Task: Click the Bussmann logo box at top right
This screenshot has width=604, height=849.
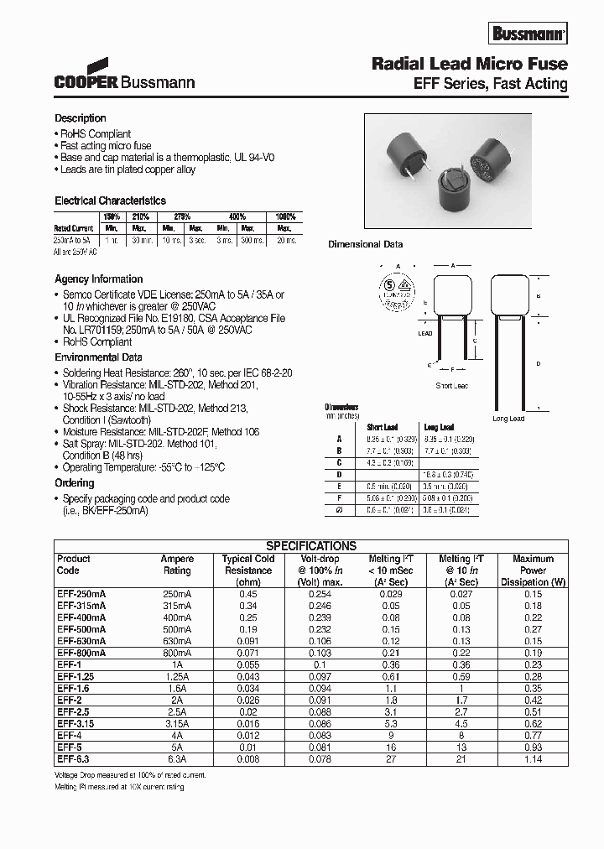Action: [529, 34]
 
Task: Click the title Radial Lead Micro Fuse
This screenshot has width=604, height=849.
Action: [470, 64]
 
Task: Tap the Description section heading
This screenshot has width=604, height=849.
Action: [81, 118]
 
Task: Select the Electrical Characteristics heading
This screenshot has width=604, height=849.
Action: [110, 201]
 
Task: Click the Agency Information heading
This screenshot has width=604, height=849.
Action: [98, 279]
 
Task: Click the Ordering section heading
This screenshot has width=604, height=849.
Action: [75, 483]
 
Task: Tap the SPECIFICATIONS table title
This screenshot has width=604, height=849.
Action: [311, 545]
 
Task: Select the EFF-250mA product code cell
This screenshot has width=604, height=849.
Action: [81, 594]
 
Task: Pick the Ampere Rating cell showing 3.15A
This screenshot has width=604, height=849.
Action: [177, 723]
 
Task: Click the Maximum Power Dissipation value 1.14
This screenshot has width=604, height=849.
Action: [533, 758]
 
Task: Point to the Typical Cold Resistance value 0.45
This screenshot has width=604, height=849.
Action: [247, 594]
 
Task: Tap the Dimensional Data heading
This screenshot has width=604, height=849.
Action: [365, 245]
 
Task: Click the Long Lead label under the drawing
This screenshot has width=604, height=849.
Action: [508, 419]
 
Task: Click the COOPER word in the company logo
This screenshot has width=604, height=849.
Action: [86, 83]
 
